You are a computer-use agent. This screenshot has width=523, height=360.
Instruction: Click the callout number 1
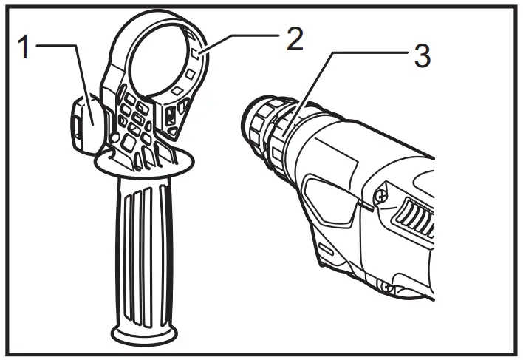(23, 48)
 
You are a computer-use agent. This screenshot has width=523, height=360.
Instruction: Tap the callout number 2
(295, 40)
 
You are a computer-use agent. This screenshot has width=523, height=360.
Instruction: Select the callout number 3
(422, 56)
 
